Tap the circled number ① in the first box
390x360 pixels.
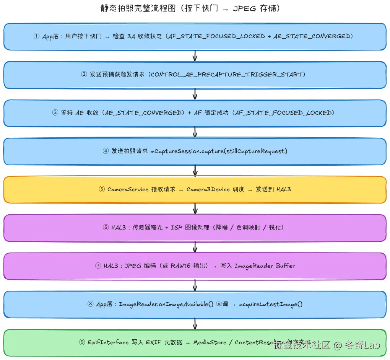pos(37,36)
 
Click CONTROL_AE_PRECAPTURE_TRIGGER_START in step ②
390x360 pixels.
pos(228,75)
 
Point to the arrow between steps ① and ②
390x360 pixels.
pos(195,56)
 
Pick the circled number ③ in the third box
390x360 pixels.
pos(55,113)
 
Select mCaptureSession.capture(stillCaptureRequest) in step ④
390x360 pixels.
pos(219,151)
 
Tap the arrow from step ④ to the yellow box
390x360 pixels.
pos(195,171)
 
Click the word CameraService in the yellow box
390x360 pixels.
pos(128,189)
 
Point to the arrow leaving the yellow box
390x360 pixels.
pos(195,209)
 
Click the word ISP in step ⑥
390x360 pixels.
pos(177,228)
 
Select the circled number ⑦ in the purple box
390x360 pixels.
pos(98,266)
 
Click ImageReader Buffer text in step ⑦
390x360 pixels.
pos(265,266)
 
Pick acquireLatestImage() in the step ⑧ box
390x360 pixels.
pos(271,304)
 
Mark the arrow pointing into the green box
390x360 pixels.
pos(195,324)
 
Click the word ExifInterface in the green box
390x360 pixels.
pos(108,342)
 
